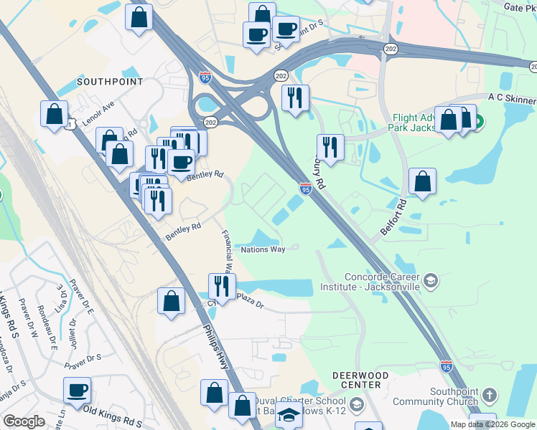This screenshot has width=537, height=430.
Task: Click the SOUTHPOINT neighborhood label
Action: [x=110, y=82]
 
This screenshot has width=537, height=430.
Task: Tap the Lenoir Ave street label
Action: [x=98, y=114]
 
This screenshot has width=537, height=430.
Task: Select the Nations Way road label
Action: [x=263, y=249]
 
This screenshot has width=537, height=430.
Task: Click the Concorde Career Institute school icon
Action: [x=431, y=279]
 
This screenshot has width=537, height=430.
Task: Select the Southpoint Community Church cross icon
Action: [x=488, y=396]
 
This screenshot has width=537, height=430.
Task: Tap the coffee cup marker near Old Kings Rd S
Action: [x=77, y=391]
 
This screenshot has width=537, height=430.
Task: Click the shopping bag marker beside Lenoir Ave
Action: [x=55, y=114]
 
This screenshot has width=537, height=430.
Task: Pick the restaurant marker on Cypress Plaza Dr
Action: [x=222, y=287]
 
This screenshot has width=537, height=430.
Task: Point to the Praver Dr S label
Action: [x=83, y=362]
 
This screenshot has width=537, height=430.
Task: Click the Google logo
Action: [x=24, y=421]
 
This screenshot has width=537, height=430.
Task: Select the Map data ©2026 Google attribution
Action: [x=492, y=424]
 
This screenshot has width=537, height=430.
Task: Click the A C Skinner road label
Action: [x=510, y=97]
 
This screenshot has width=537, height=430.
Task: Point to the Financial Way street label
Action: [x=226, y=251]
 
